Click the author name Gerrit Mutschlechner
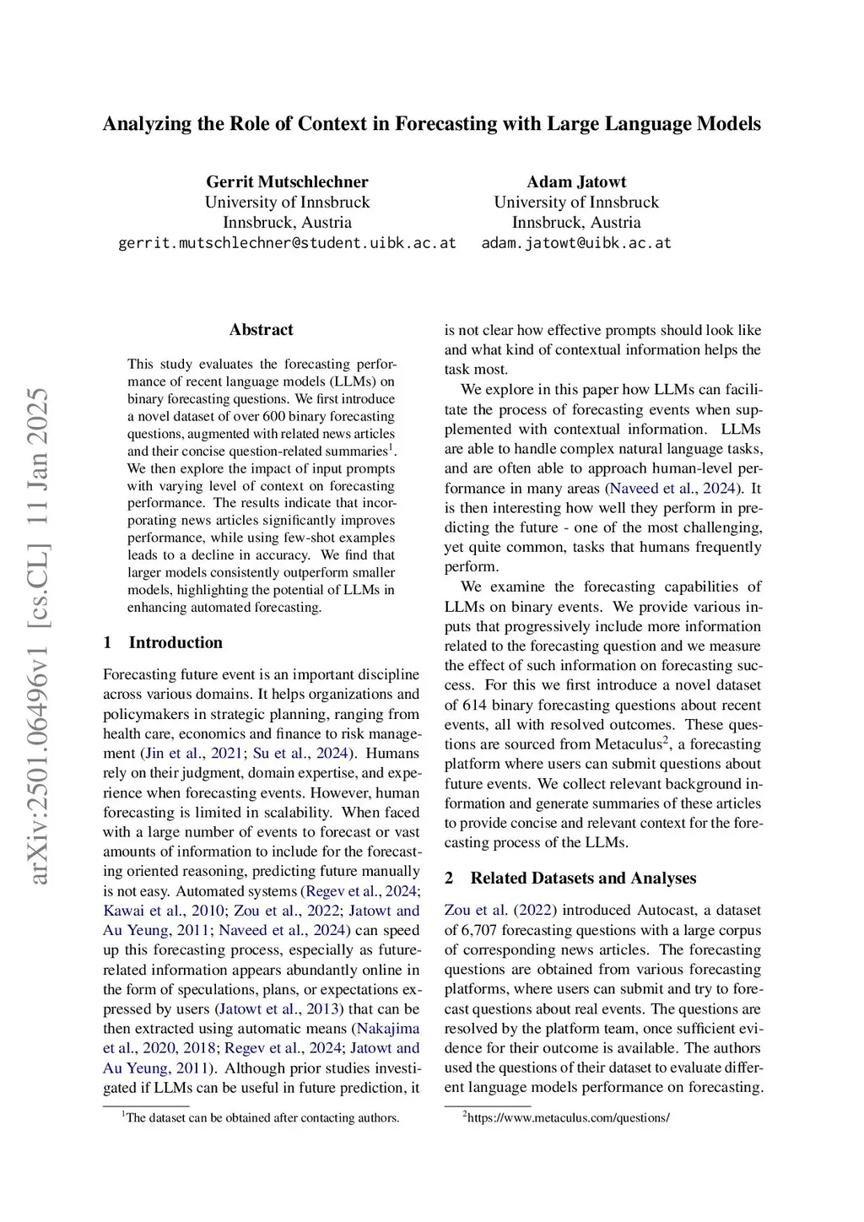pyautogui.click(x=287, y=181)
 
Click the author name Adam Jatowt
pyautogui.click(x=576, y=181)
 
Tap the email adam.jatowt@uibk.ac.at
pyautogui.click(x=576, y=243)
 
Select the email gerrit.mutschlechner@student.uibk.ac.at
pyautogui.click(x=287, y=243)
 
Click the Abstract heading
pyautogui.click(x=261, y=330)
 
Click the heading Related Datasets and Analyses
pyautogui.click(x=583, y=878)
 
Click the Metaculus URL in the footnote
pyautogui.click(x=568, y=1117)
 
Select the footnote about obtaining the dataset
pyautogui.click(x=262, y=1117)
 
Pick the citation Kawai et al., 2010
pyautogui.click(x=164, y=911)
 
